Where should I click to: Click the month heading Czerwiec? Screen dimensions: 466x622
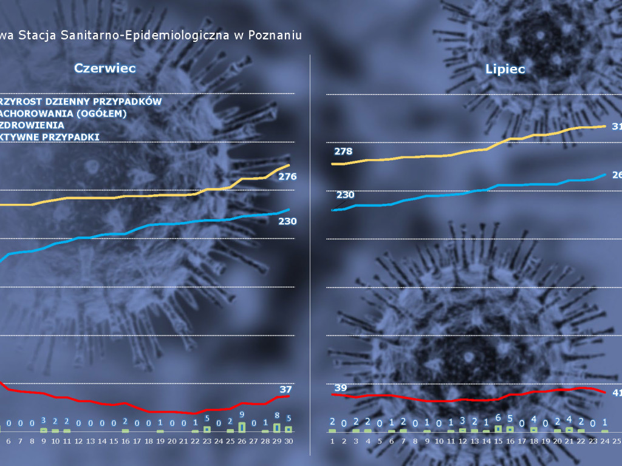[104, 68]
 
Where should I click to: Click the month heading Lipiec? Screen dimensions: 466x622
[505, 69]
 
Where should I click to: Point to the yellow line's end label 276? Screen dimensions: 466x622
[287, 177]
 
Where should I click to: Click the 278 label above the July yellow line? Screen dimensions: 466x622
[343, 151]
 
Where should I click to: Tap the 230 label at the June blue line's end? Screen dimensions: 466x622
[287, 221]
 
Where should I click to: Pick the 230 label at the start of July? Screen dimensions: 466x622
[345, 195]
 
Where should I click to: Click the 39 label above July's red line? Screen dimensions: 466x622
[341, 388]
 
